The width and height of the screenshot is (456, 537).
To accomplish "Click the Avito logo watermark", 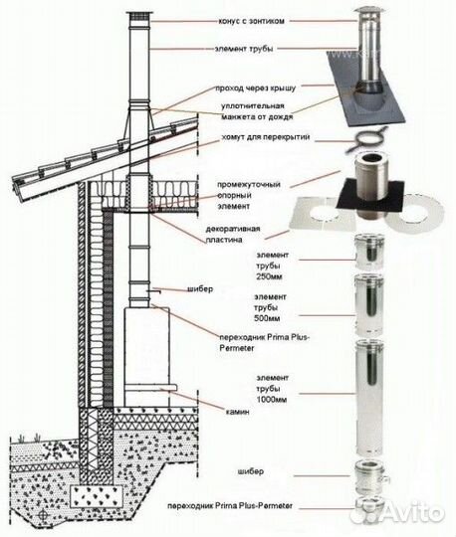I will tap(412, 513).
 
